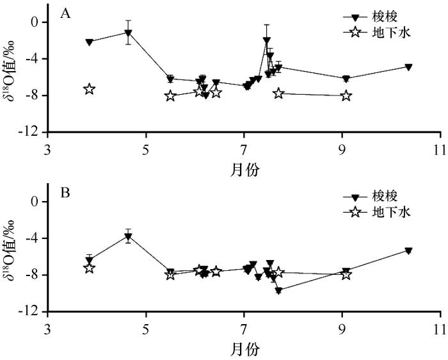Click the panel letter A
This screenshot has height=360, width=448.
pos(65,14)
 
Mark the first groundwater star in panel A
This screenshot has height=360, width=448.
pos(90,89)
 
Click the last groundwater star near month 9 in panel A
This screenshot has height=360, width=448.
pos(346,95)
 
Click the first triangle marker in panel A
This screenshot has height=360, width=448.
pos(90,42)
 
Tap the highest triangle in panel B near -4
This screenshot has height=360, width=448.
pos(128,236)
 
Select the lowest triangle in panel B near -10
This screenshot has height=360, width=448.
pos(278,290)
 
